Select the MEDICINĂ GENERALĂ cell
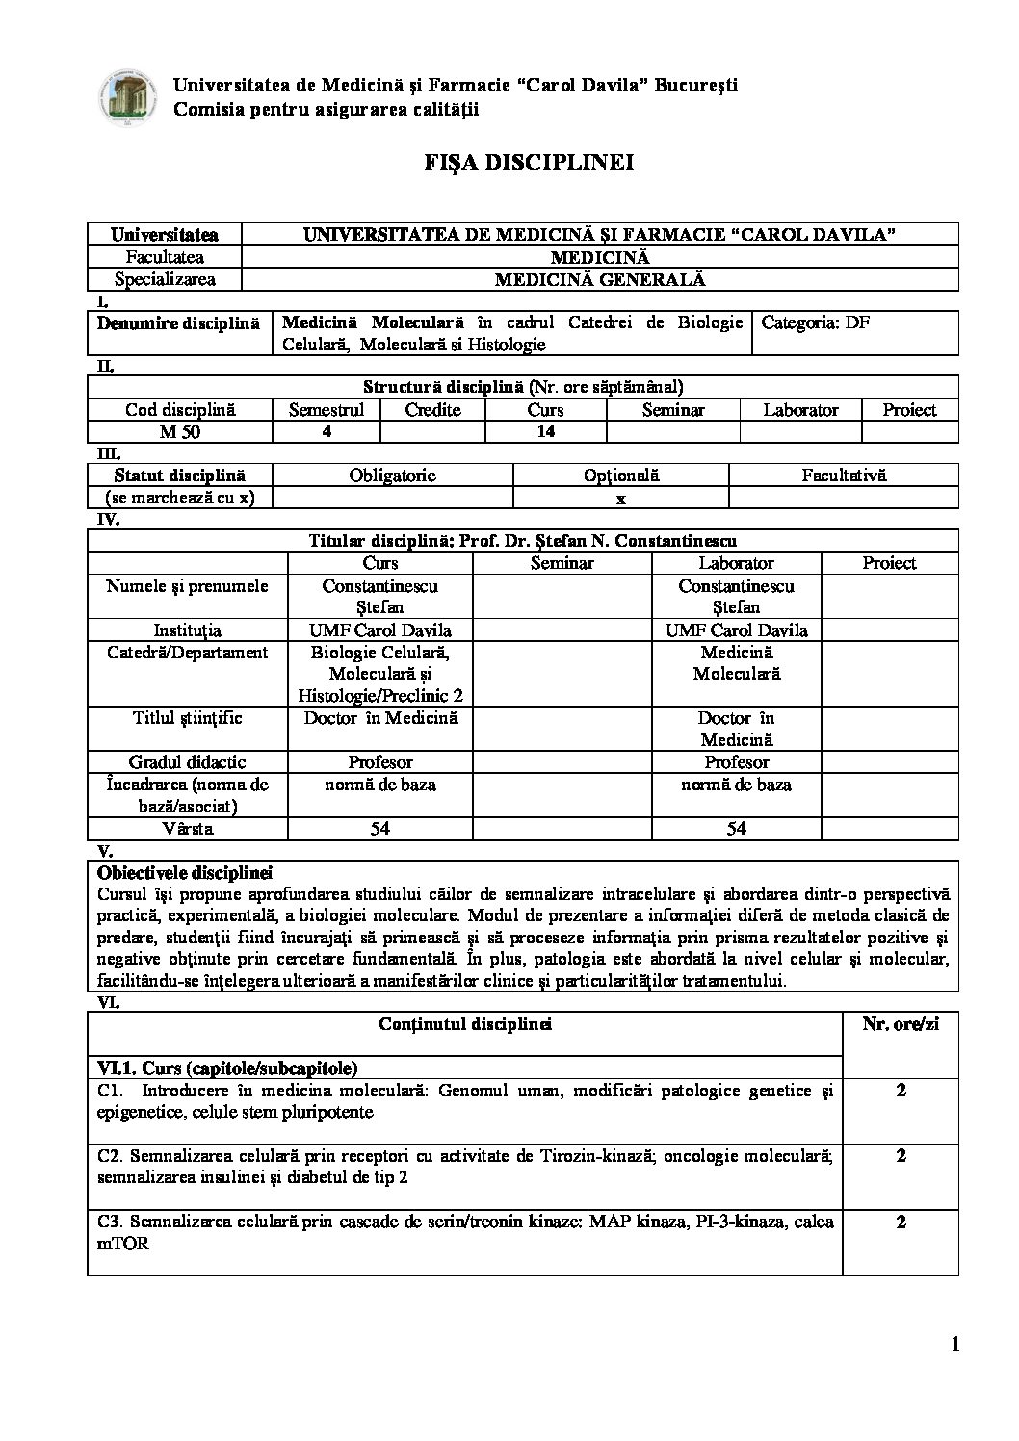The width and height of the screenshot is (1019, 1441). coord(599,280)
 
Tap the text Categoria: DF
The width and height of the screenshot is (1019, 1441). coord(815,322)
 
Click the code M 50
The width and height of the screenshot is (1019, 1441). coord(180,432)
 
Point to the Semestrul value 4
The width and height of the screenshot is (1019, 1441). coord(327,432)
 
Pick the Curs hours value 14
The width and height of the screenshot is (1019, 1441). coord(545,432)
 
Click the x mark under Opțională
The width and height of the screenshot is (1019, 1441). coord(621,499)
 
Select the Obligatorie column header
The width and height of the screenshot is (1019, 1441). coord(392,476)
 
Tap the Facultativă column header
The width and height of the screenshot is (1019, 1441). coord(844,476)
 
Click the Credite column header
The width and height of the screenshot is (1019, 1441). coord(432,410)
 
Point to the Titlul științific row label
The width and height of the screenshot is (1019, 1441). coord(187,718)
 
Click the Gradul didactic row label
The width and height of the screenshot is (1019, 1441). coord(187,762)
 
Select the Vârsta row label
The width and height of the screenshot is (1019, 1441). coord(187,829)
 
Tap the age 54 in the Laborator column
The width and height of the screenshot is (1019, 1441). coord(736,829)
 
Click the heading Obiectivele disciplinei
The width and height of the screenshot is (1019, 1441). coord(185,874)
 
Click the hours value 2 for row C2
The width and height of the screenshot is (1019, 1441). coord(901,1156)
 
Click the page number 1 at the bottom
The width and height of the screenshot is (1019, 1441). coord(954,1345)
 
